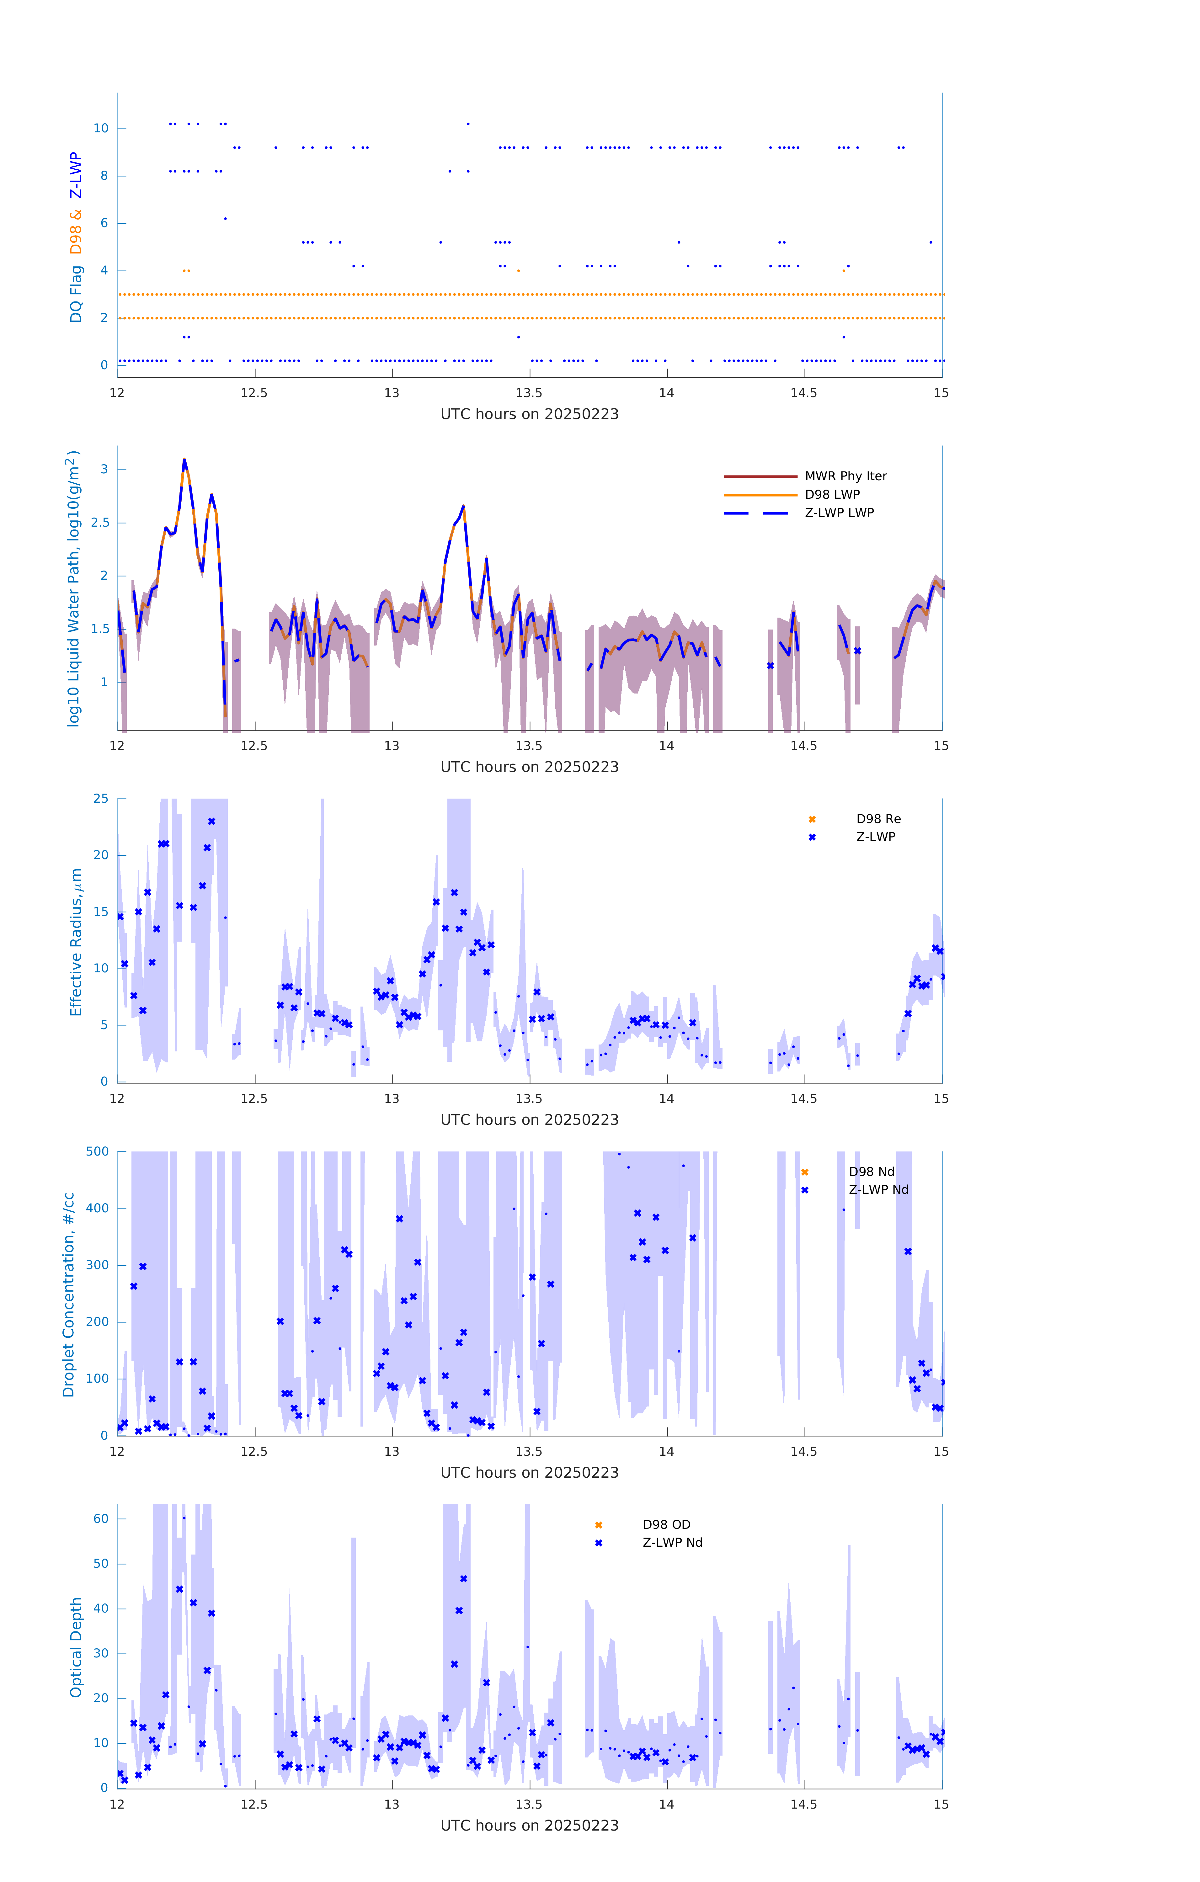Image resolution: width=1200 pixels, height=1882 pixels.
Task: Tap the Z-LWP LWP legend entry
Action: click(839, 513)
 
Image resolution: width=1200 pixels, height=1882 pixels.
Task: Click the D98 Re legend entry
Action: click(878, 819)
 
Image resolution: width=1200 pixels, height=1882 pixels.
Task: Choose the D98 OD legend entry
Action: click(666, 1525)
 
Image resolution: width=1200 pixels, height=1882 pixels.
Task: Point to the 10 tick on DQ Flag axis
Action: click(101, 128)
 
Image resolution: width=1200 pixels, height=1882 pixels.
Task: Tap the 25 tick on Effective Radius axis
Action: click(101, 799)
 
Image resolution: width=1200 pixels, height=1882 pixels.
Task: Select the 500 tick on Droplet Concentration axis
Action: click(98, 1151)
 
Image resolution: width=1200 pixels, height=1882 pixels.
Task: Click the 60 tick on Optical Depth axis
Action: click(101, 1518)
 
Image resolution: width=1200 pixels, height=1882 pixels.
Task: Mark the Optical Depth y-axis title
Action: click(76, 1647)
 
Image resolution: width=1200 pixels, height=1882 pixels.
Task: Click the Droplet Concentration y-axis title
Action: click(69, 1294)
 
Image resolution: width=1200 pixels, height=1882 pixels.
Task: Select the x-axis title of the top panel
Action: click(529, 414)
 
